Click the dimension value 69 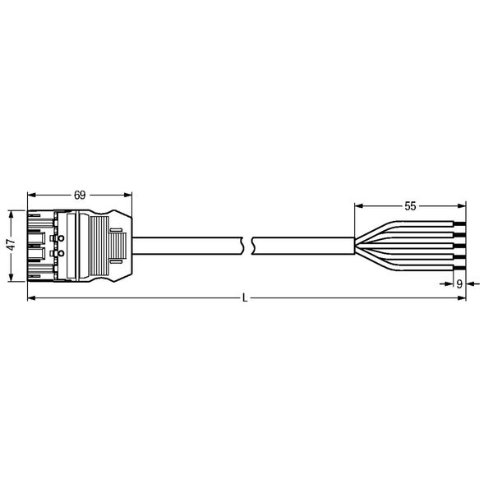point(80,196)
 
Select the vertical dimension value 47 point(11,245)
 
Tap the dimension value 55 point(410,206)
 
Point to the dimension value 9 point(459,284)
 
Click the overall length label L point(245,298)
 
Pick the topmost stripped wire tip point(459,223)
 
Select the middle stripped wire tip point(459,246)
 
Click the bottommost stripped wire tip point(459,268)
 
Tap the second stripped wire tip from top point(459,234)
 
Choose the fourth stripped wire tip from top point(459,256)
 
